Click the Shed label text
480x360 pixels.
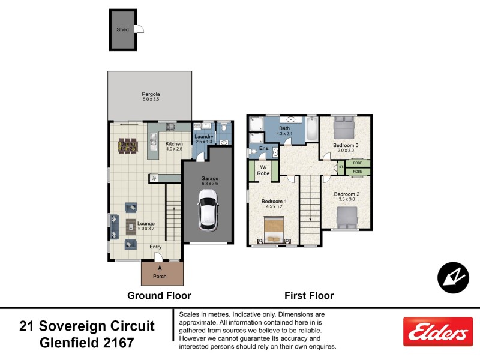pos(122,29)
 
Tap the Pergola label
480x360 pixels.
pos(150,96)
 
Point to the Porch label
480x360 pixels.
pos(160,276)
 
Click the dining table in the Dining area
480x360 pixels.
pos(128,146)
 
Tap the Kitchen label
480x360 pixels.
pos(174,143)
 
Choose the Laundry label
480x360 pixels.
pos(204,137)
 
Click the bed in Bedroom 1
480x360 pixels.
pos(274,229)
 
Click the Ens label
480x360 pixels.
pos(263,148)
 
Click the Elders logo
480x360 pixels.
pos(437,332)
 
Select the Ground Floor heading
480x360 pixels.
pos(159,295)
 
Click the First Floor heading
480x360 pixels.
pos(308,295)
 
